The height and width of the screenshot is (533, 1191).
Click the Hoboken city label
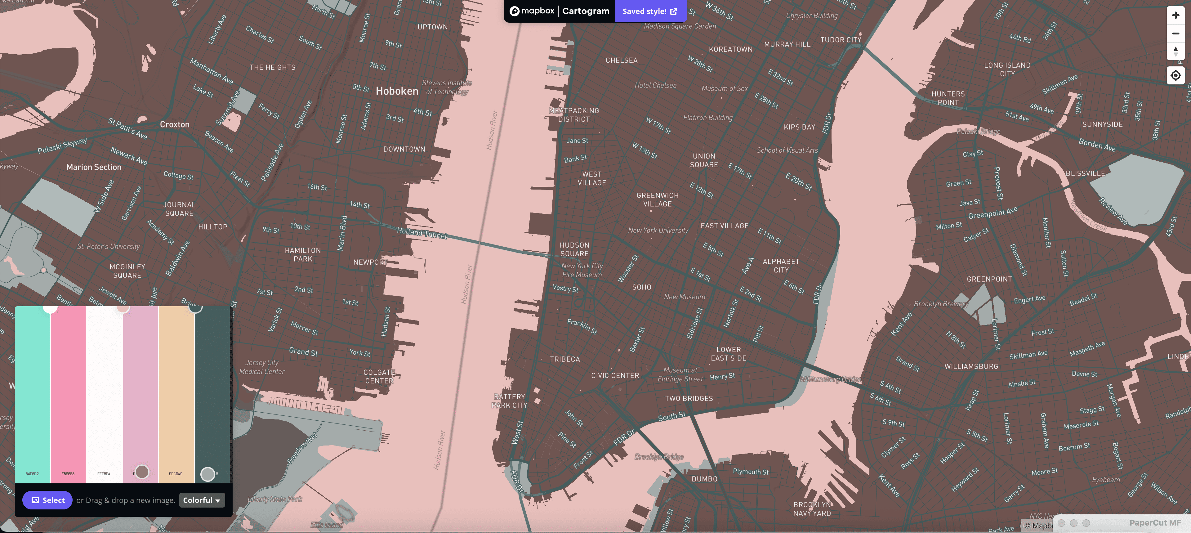coord(397,91)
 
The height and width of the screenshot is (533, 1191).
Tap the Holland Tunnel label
coord(422,233)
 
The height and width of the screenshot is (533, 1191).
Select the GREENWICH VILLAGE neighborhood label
coord(657,200)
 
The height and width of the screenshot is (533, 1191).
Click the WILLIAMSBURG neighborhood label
coord(971,366)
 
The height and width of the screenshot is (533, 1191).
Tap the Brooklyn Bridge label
coord(659,457)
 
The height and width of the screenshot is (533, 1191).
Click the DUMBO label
coord(704,479)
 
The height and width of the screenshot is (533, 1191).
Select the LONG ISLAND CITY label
coord(1007,69)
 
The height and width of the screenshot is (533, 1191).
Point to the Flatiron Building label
coord(707,118)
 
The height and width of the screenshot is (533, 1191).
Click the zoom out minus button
coord(1175,33)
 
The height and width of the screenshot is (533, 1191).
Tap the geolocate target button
coord(1175,75)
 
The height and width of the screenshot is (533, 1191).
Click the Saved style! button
coord(649,11)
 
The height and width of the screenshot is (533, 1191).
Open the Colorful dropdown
coord(202,500)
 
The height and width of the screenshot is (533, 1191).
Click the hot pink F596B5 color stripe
coord(68,393)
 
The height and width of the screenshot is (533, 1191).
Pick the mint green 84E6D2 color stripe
coord(32,393)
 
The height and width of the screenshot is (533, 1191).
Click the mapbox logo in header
coord(532,11)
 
